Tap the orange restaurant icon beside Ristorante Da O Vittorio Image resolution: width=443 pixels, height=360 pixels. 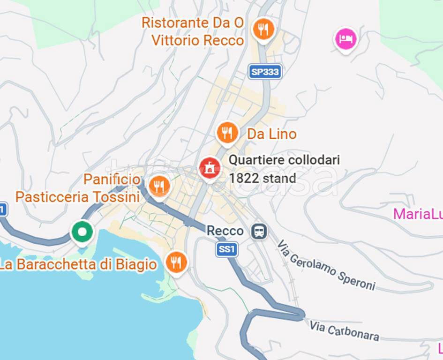click(x=263, y=30)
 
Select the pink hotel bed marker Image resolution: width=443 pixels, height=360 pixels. click(x=345, y=39)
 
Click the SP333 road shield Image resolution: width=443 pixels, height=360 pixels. click(x=265, y=72)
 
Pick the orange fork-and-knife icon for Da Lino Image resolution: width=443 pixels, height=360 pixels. click(x=227, y=133)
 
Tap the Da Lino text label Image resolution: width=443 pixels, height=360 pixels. click(x=271, y=134)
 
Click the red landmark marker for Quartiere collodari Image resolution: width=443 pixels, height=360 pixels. click(x=210, y=167)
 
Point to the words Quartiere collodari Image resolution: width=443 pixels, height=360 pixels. click(x=284, y=160)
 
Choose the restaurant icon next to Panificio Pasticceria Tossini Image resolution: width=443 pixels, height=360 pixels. click(x=159, y=186)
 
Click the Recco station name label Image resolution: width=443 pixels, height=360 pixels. click(x=225, y=231)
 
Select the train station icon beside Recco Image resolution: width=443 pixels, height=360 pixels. click(x=259, y=231)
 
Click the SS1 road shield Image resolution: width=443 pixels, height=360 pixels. click(x=227, y=249)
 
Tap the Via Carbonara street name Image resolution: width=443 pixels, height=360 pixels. click(x=344, y=330)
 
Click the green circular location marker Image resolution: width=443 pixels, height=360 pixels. click(x=82, y=232)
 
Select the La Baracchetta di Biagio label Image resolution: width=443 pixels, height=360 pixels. click(x=78, y=264)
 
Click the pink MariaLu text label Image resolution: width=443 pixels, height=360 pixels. click(x=417, y=214)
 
